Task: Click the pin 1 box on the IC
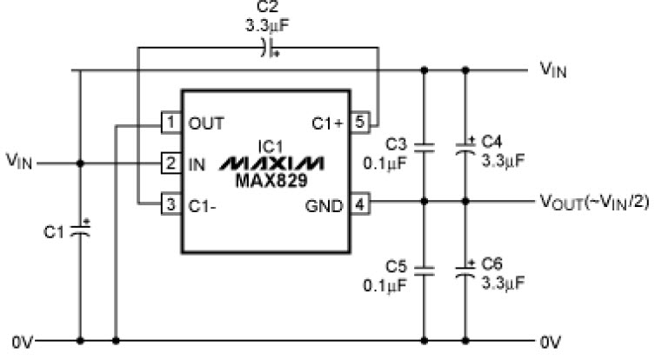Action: (x=171, y=123)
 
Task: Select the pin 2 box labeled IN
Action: (x=171, y=163)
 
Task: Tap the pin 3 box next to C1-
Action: (x=171, y=204)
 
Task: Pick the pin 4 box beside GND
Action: (x=359, y=204)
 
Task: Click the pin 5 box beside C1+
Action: (x=359, y=123)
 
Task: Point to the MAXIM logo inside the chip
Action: (x=271, y=163)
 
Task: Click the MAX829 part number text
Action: (x=271, y=180)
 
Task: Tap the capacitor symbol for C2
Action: (x=268, y=48)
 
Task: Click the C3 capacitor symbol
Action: (x=424, y=147)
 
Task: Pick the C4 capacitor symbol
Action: (x=465, y=147)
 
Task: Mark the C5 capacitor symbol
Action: (x=424, y=271)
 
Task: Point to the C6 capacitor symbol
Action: (x=465, y=270)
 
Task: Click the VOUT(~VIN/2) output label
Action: (x=595, y=202)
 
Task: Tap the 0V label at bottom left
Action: (x=22, y=343)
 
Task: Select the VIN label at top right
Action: (x=553, y=70)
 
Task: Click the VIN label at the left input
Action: (x=19, y=161)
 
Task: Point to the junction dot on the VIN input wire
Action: (x=80, y=163)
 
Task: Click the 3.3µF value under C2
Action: (x=267, y=26)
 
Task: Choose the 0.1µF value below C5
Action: (x=384, y=286)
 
